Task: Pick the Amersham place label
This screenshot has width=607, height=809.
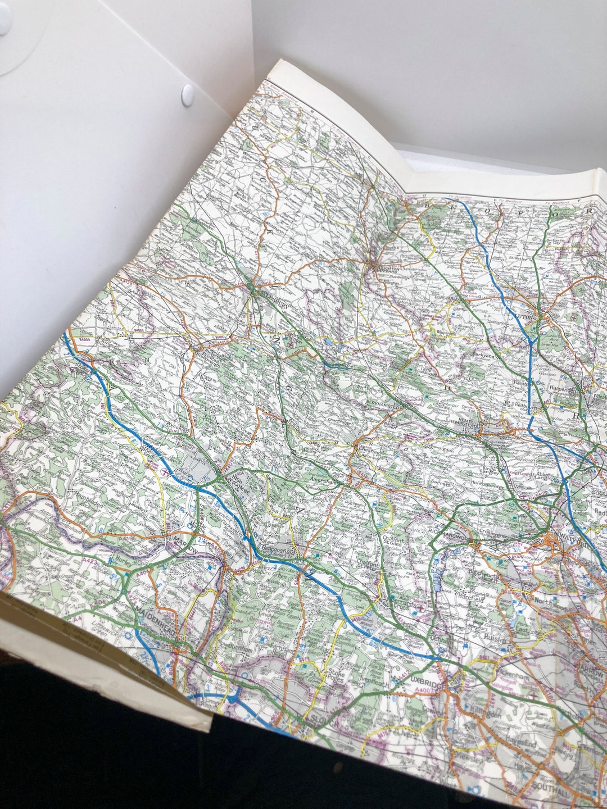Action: (x=325, y=480)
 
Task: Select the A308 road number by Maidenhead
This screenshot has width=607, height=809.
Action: (x=167, y=616)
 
